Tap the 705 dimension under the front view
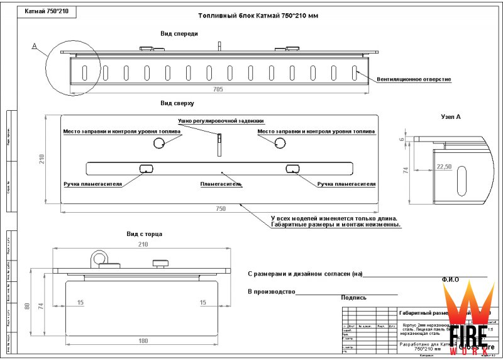pos(218,89)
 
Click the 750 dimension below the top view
pos(220,208)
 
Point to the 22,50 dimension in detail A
pos(443,166)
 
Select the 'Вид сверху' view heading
pos(177,103)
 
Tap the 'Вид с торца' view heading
pos(145,234)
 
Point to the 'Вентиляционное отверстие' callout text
pos(414,80)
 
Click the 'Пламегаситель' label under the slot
pos(221,184)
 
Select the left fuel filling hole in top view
pos(160,143)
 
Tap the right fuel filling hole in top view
pos(279,143)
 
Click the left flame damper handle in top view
pos(146,168)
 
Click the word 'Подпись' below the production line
pos(354,298)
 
